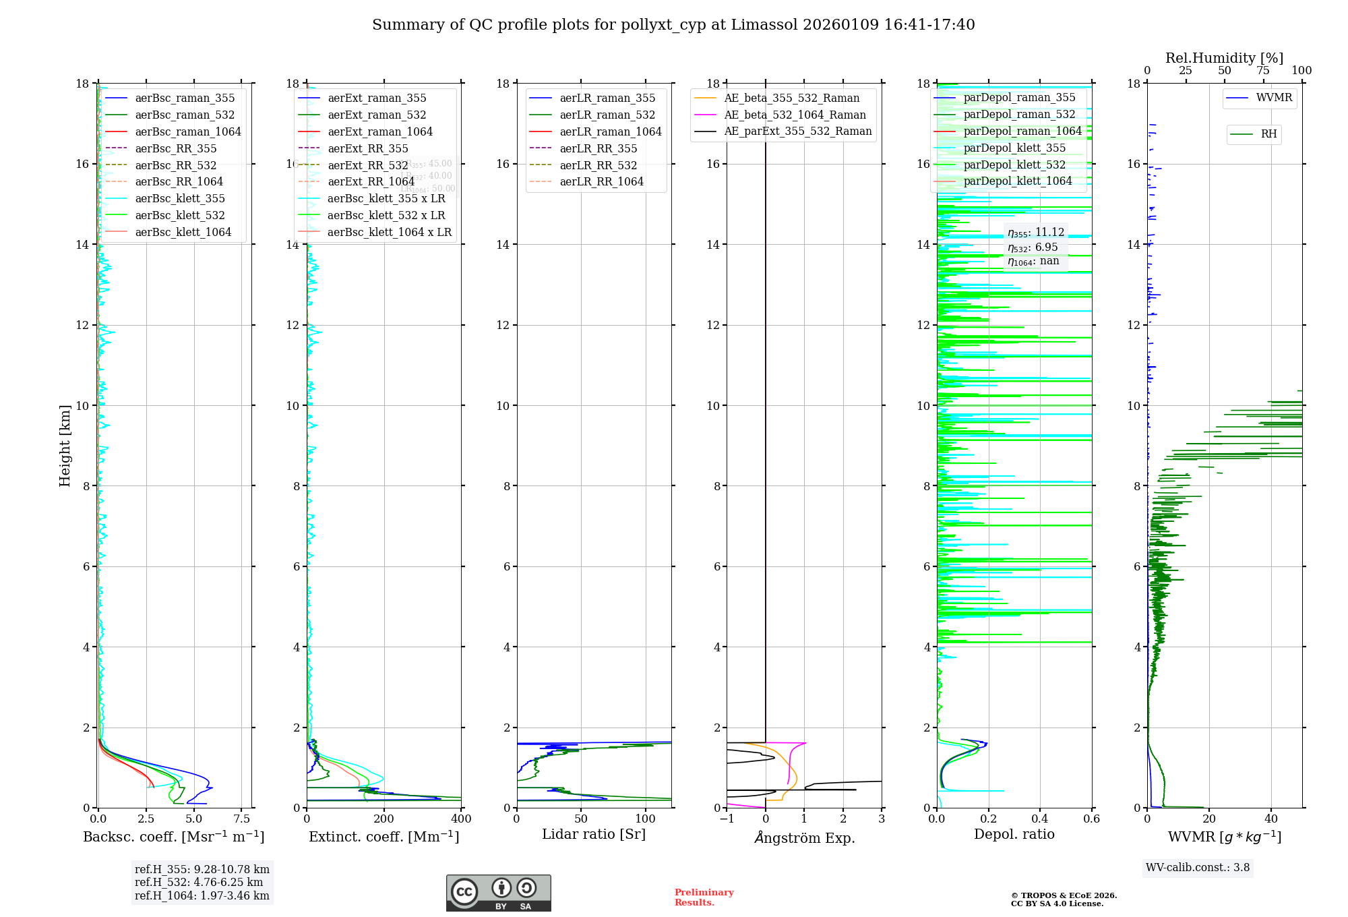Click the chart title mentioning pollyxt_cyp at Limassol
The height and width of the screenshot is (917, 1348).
tap(673, 25)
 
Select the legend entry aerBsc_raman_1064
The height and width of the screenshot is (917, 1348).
tap(187, 131)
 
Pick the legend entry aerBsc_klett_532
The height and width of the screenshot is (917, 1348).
tap(179, 215)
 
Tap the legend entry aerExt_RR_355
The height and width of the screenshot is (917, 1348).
tap(367, 148)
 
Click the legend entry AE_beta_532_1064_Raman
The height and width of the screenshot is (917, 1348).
tap(795, 115)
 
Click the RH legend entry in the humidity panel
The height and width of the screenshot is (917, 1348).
tap(1268, 134)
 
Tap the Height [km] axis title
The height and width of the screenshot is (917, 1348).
tap(65, 445)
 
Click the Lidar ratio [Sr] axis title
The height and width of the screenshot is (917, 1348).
tap(594, 834)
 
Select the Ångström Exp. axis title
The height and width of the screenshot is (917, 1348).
tap(804, 837)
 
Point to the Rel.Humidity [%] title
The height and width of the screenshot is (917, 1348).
tap(1224, 58)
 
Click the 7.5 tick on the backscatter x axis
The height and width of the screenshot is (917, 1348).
tap(242, 819)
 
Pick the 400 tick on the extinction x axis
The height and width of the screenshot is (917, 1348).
tap(461, 819)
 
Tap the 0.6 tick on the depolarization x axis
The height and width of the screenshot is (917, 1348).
tap(1091, 819)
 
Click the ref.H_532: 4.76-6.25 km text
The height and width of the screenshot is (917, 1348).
tap(199, 882)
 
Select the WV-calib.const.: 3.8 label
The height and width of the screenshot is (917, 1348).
tap(1198, 868)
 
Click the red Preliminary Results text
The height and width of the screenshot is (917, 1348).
tap(704, 897)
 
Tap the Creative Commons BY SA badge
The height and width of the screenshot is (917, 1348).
tap(498, 893)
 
